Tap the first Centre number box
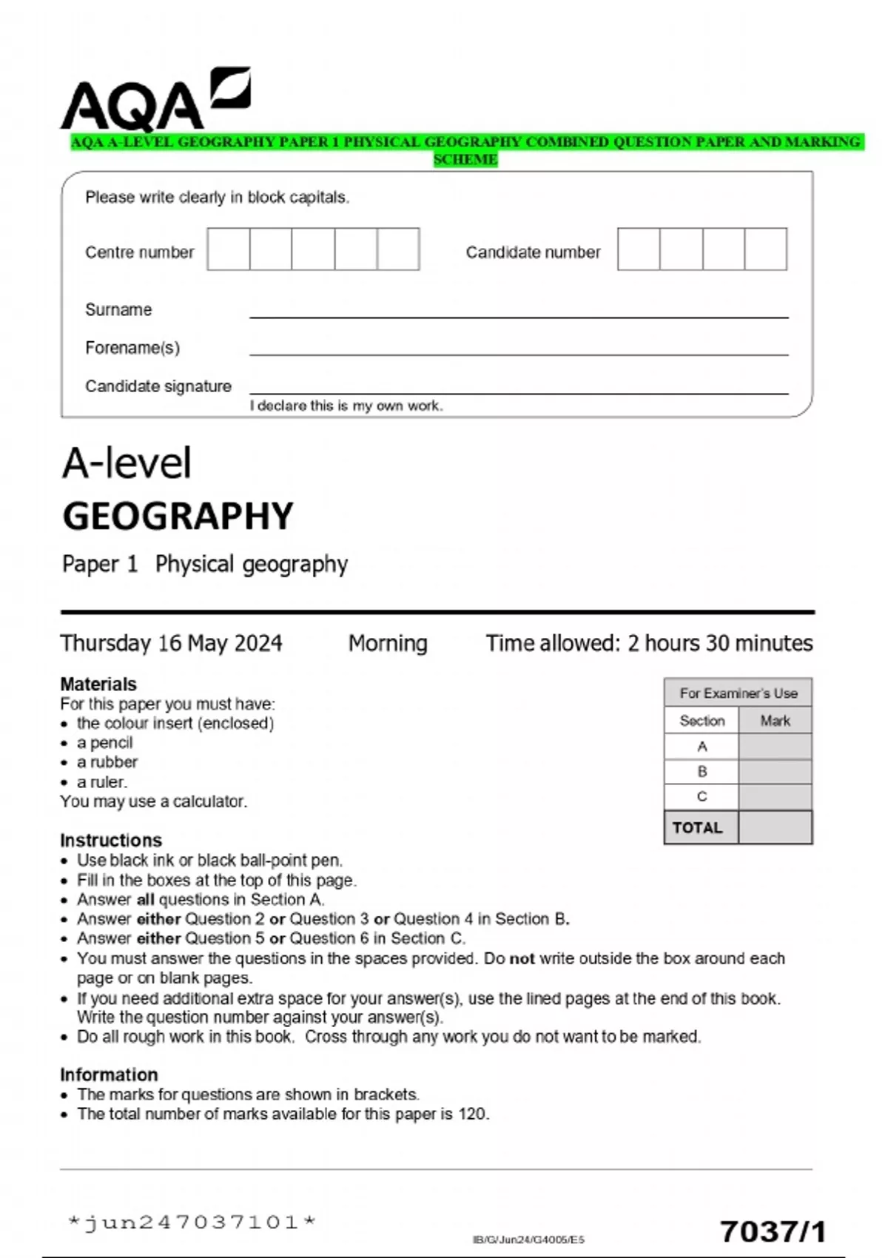point(229,249)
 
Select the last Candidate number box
point(765,249)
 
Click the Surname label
point(118,309)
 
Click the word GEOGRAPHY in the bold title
point(178,516)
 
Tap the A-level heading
point(127,463)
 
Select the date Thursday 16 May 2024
point(171,642)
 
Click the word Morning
point(388,642)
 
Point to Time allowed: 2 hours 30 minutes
point(649,642)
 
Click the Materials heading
point(98,684)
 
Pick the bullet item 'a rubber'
point(107,762)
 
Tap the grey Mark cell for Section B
point(775,772)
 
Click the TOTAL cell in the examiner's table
point(697,827)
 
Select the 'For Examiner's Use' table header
point(738,693)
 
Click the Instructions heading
point(111,840)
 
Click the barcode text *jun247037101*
point(192,1222)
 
